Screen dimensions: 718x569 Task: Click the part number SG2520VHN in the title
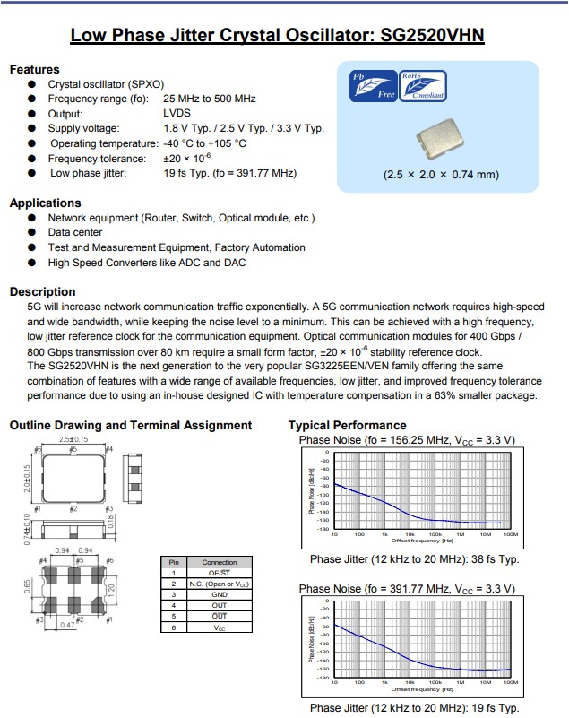tap(432, 36)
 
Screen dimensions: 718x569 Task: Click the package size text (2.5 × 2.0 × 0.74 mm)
tap(440, 174)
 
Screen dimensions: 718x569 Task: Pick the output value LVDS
tap(177, 114)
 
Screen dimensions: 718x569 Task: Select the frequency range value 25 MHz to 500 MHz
tap(210, 99)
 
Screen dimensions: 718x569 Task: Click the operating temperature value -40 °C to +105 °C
tap(204, 143)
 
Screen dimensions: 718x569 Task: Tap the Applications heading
tap(45, 203)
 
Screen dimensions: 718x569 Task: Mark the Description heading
tap(42, 291)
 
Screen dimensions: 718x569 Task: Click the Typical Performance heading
tap(347, 425)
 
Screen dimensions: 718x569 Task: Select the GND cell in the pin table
tap(220, 594)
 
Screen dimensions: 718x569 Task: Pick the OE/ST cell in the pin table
tap(220, 573)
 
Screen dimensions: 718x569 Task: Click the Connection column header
tap(220, 562)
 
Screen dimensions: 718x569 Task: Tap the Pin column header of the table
tap(173, 562)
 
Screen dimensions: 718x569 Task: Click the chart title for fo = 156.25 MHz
tap(407, 440)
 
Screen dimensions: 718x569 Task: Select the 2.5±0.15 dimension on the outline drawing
tap(73, 440)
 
